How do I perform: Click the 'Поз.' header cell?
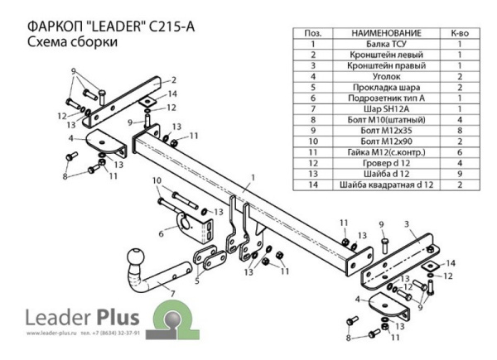[314, 32]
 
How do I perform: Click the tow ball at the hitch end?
[134, 260]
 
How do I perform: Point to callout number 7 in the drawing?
[171, 294]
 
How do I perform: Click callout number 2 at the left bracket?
[175, 79]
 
